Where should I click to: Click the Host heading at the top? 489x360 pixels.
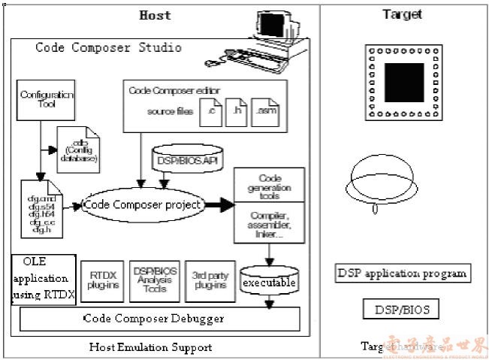155,15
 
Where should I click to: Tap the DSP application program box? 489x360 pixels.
402,273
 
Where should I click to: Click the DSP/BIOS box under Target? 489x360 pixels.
402,309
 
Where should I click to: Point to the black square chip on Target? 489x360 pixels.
404,82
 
